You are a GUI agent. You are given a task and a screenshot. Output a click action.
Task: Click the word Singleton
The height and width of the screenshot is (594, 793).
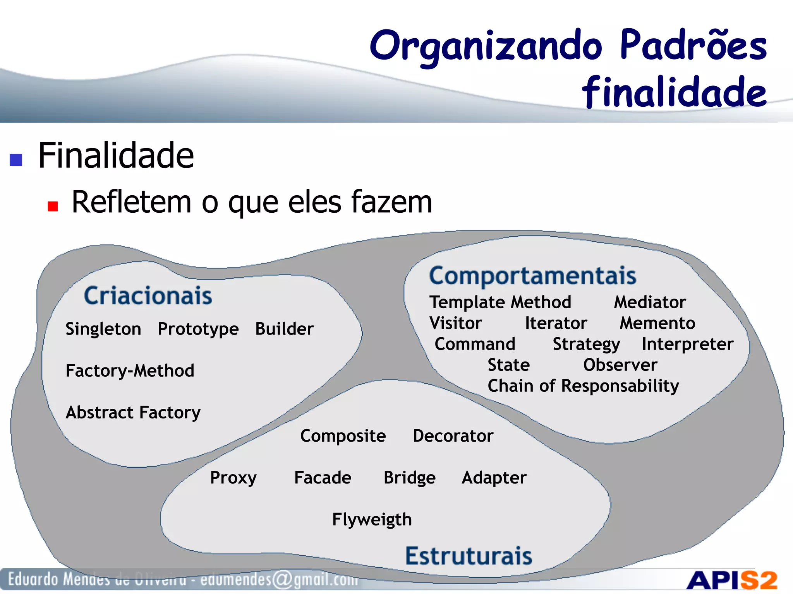[x=103, y=329]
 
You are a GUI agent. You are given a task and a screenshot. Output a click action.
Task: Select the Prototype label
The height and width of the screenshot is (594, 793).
[x=198, y=329]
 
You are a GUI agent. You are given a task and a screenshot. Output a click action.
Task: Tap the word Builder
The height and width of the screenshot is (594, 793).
[x=284, y=329]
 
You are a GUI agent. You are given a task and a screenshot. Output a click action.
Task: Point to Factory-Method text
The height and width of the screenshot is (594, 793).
[x=130, y=371]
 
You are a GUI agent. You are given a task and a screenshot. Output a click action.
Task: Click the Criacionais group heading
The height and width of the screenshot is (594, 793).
[x=148, y=296]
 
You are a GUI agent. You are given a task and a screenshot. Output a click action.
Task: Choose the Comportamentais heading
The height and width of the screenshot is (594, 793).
[x=532, y=276]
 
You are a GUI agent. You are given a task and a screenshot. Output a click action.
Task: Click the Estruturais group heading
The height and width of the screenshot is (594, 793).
[x=469, y=556]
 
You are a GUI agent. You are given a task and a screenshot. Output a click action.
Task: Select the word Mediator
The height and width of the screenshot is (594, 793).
[x=650, y=302]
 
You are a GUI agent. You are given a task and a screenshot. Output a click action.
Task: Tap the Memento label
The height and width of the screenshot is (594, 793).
[x=657, y=323]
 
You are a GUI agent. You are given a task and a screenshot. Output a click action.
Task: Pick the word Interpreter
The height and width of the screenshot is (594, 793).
[x=687, y=344]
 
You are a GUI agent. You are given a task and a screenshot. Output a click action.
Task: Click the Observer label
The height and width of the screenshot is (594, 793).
[x=620, y=365]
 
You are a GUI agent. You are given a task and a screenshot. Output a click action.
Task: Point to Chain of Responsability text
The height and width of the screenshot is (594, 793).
[x=583, y=386]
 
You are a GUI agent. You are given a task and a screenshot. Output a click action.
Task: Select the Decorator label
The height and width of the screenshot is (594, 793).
[x=453, y=436]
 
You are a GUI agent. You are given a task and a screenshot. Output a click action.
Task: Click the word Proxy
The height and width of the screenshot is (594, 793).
[x=233, y=478]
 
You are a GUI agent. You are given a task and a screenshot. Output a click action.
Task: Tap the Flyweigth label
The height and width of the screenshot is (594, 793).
[x=372, y=520]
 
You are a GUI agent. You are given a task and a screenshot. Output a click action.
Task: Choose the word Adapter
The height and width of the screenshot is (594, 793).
[x=494, y=478]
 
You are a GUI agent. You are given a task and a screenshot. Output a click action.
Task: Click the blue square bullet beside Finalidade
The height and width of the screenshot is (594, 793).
[x=16, y=160]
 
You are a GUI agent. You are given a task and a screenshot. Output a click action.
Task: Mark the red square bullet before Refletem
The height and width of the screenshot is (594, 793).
[x=53, y=206]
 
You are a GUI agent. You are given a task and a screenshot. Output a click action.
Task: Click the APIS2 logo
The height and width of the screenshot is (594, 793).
[x=731, y=580]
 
